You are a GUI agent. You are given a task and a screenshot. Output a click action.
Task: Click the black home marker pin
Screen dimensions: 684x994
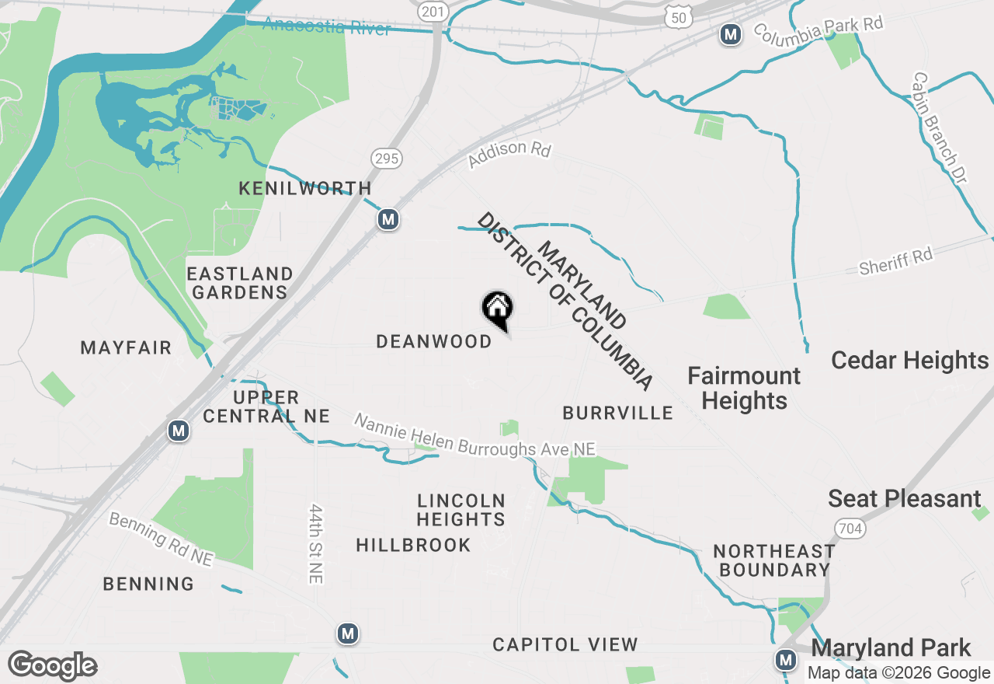click(497, 309)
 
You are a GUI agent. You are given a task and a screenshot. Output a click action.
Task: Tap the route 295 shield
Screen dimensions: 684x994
click(386, 159)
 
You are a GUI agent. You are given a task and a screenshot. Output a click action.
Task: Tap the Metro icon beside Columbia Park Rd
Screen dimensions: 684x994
click(730, 34)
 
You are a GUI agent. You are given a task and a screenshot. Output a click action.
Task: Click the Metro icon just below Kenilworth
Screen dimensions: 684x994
click(388, 220)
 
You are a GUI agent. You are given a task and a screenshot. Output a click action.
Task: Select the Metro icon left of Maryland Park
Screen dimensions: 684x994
click(786, 661)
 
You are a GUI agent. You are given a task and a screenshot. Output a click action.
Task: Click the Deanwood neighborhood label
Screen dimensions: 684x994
click(433, 341)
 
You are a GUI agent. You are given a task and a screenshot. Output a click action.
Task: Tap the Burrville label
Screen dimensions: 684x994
click(617, 413)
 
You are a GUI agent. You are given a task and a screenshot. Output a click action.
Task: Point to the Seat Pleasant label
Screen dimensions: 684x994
click(905, 498)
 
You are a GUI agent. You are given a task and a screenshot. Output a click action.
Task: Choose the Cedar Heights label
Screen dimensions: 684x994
click(909, 361)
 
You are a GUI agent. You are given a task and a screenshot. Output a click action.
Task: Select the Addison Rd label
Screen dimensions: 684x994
click(509, 153)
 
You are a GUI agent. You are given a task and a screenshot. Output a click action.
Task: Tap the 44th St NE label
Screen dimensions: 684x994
click(315, 543)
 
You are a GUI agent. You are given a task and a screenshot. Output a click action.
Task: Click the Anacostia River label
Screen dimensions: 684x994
click(326, 26)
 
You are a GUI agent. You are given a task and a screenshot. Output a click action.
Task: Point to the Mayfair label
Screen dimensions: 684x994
click(126, 347)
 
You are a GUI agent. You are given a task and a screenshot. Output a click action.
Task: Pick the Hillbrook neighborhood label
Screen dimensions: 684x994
click(413, 545)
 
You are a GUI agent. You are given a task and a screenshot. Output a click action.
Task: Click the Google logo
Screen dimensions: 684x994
click(52, 666)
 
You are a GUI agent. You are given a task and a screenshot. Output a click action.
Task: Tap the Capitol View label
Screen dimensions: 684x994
click(565, 644)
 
